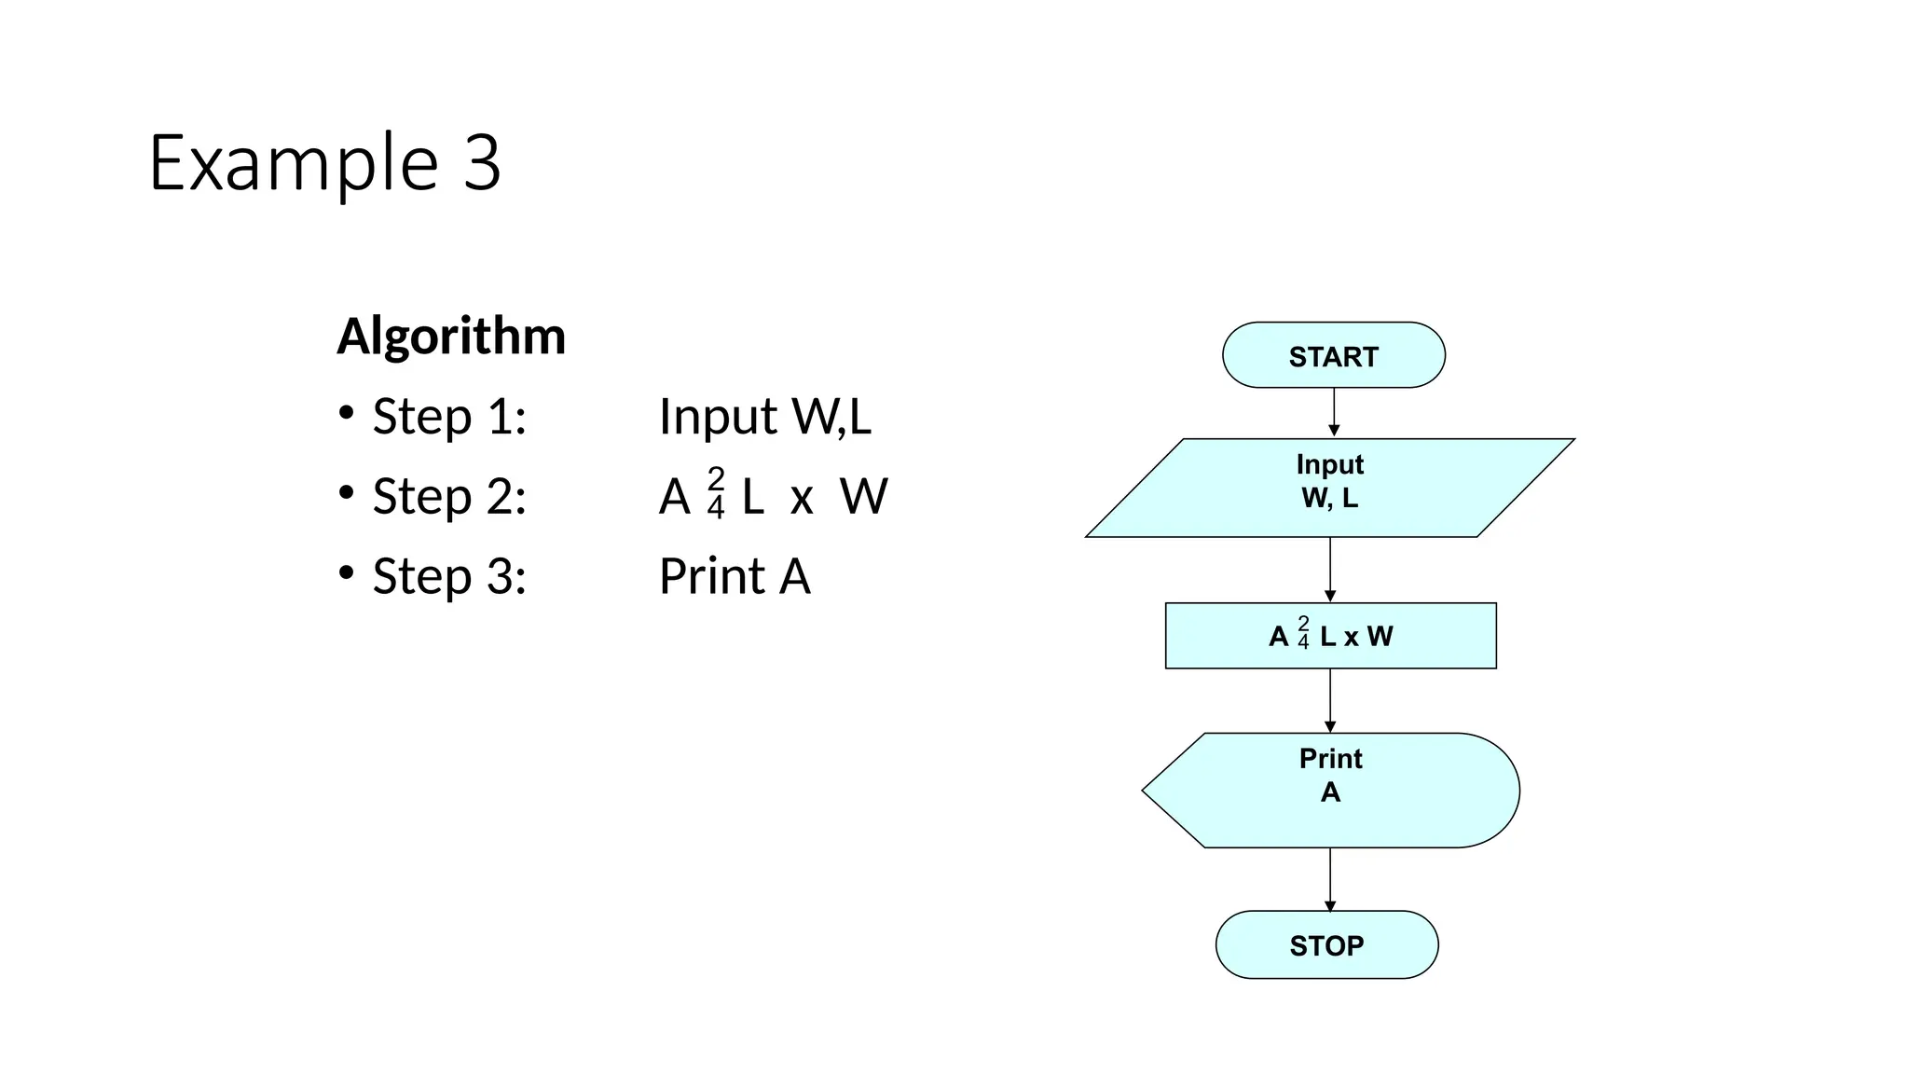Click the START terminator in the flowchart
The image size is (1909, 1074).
(x=1333, y=355)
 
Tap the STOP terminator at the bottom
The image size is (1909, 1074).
(x=1326, y=944)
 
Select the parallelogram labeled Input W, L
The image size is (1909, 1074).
(x=1329, y=487)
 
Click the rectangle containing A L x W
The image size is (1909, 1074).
(x=1330, y=636)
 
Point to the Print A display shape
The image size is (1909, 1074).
(x=1330, y=790)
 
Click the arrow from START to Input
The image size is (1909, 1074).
(x=1334, y=412)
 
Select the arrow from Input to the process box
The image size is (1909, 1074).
(x=1330, y=570)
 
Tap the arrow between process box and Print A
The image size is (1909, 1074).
(x=1330, y=700)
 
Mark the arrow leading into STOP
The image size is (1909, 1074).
(x=1330, y=879)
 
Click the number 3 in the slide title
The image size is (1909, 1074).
(x=482, y=163)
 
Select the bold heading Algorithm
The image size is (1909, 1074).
(x=451, y=336)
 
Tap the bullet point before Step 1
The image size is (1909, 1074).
(x=346, y=411)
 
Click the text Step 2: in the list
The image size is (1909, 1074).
(x=449, y=495)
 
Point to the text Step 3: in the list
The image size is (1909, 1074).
(x=449, y=575)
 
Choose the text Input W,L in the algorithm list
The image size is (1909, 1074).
(x=764, y=416)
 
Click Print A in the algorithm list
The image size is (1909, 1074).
(x=735, y=575)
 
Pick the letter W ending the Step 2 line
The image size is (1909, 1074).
(x=864, y=496)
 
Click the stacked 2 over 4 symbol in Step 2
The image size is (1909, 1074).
(x=716, y=493)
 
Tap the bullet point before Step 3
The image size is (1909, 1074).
(x=346, y=571)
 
